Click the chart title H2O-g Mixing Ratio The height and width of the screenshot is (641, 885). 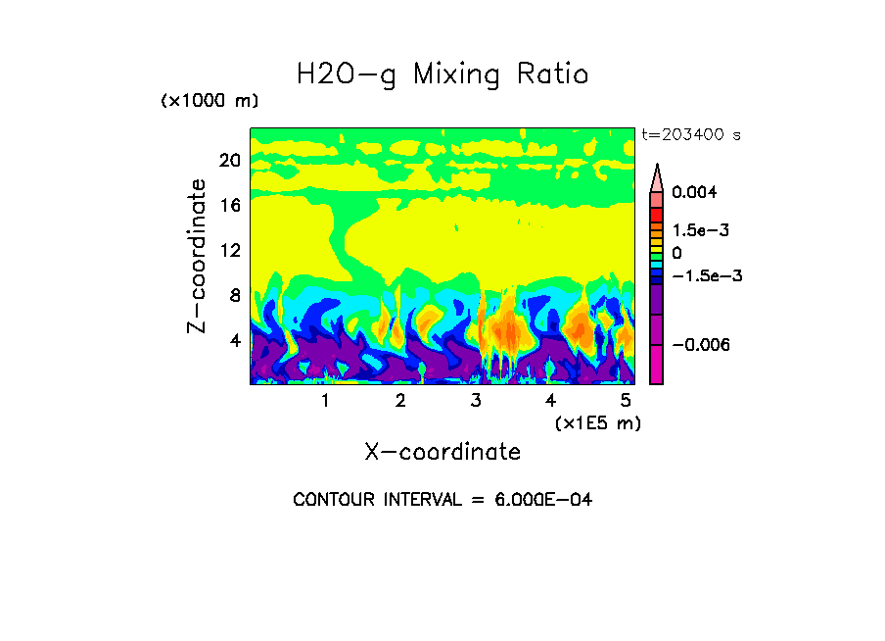click(442, 74)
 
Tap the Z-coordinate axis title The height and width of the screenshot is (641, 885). click(198, 257)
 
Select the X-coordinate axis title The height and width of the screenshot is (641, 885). click(442, 452)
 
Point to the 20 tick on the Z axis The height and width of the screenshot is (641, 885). click(229, 160)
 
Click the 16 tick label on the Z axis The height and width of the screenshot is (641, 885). click(229, 205)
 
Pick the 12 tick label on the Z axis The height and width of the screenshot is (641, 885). click(229, 250)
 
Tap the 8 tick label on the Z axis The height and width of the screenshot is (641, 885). click(234, 295)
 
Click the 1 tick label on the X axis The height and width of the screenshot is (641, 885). click(325, 401)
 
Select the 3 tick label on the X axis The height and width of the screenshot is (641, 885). click(476, 401)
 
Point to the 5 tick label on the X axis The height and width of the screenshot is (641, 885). click(626, 401)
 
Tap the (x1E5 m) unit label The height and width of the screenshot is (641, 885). click(597, 423)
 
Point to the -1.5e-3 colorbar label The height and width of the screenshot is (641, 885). click(707, 275)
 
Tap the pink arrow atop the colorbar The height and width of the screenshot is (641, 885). click(657, 177)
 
